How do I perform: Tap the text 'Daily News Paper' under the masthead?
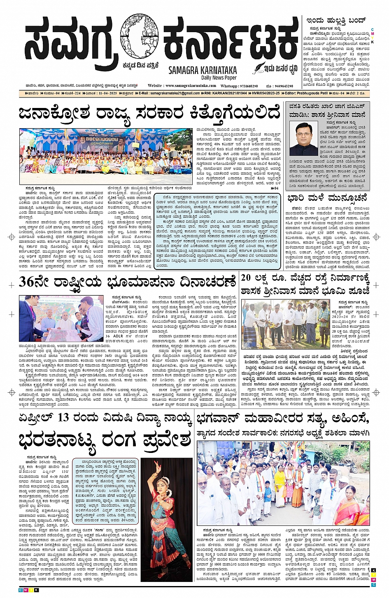click(219, 77)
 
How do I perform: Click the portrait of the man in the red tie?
click(303, 138)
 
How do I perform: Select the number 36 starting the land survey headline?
click(27, 283)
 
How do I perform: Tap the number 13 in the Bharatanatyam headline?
click(63, 417)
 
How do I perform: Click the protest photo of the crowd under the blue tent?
click(106, 151)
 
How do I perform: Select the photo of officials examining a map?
click(61, 318)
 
